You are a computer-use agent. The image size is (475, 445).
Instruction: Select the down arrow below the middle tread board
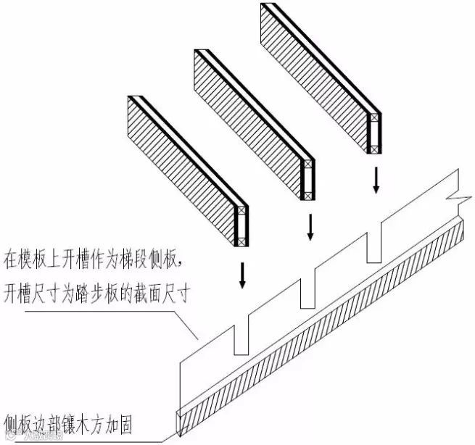310,227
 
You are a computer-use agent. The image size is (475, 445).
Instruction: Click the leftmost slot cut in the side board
241,339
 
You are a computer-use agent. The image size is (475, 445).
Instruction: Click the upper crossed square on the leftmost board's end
241,215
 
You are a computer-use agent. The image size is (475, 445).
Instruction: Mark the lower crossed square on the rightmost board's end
374,149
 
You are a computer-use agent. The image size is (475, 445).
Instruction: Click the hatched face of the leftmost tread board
181,166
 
